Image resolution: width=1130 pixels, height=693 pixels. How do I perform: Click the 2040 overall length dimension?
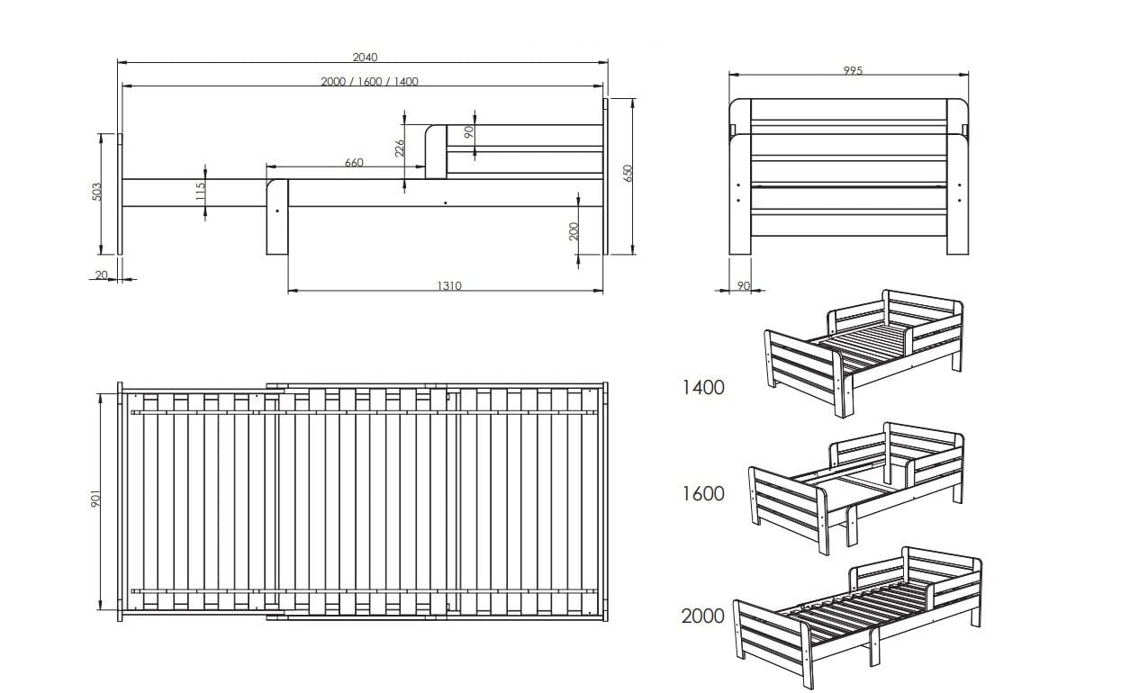365,57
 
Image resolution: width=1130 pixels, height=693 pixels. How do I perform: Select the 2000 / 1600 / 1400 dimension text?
370,81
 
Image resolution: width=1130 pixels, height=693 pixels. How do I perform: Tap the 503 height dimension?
97,192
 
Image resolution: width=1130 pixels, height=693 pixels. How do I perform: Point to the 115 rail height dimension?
200,191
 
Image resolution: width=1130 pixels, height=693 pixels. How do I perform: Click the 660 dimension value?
354,162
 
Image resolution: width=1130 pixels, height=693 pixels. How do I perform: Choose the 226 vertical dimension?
399,148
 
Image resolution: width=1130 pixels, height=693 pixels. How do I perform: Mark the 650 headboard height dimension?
628,174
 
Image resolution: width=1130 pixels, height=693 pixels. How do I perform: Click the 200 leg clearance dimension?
574,231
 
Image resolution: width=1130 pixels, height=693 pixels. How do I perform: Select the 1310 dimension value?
449,286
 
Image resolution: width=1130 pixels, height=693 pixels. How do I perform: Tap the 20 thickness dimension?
102,274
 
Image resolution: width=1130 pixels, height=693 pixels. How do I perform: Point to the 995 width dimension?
853,70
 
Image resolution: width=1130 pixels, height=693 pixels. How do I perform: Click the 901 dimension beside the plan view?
95,499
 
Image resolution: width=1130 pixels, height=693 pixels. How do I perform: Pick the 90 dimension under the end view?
744,285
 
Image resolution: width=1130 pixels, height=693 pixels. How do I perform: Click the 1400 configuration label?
702,387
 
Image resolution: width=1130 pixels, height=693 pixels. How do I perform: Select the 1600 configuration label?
702,493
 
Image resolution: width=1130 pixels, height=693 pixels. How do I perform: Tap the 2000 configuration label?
702,616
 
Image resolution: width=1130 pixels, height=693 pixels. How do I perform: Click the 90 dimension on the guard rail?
468,132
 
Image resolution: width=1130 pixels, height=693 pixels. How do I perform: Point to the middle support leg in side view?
277,217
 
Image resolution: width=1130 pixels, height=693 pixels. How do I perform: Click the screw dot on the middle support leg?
277,211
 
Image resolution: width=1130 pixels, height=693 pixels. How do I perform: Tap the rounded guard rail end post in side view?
436,151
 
